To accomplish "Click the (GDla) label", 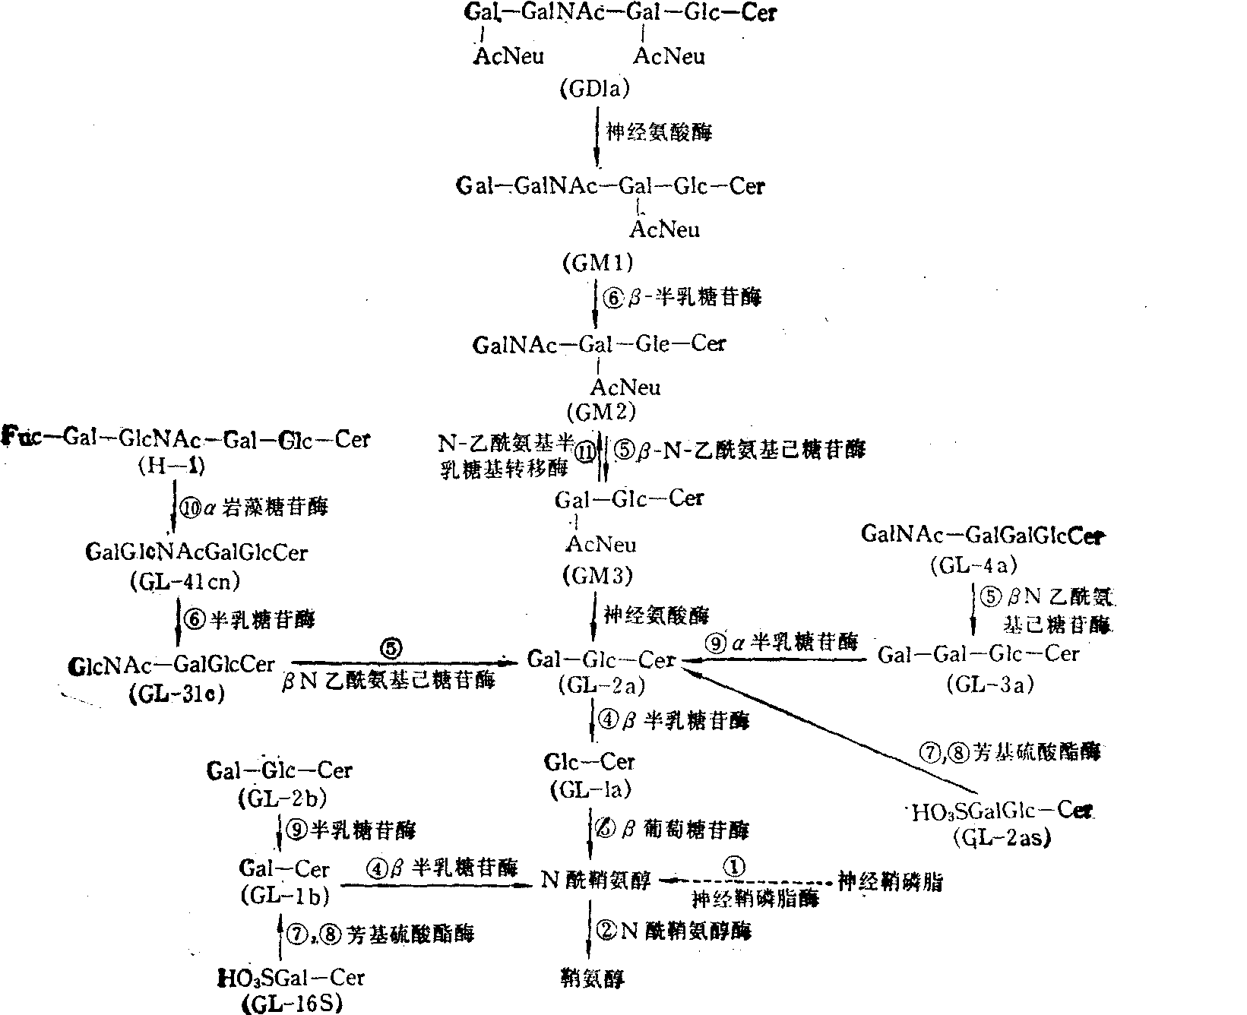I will point(595,90).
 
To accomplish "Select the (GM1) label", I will point(598,263).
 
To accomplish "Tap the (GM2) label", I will point(600,412).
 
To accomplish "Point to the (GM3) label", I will point(598,576).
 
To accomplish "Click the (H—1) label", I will point(172,466).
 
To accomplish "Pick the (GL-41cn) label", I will point(185,581).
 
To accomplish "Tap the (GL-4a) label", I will point(972,565).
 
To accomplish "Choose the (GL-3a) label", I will point(990,684).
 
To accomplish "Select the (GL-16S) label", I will point(292,1004).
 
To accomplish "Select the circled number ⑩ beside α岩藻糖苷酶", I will point(189,507).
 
